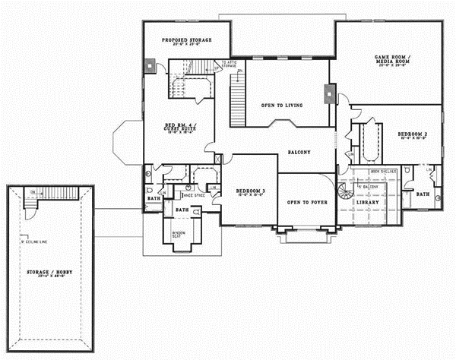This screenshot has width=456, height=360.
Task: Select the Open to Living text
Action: tap(278, 105)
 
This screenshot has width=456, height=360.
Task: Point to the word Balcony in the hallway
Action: tap(299, 153)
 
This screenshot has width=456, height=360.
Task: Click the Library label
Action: tap(367, 204)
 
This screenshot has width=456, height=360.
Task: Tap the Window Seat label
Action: tap(179, 233)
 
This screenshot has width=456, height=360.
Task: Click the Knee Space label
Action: tap(195, 195)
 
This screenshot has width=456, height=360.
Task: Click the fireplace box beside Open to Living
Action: tap(328, 93)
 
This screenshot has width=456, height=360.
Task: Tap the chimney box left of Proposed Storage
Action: tap(150, 65)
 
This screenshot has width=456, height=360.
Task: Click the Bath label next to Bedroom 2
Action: tap(422, 194)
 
